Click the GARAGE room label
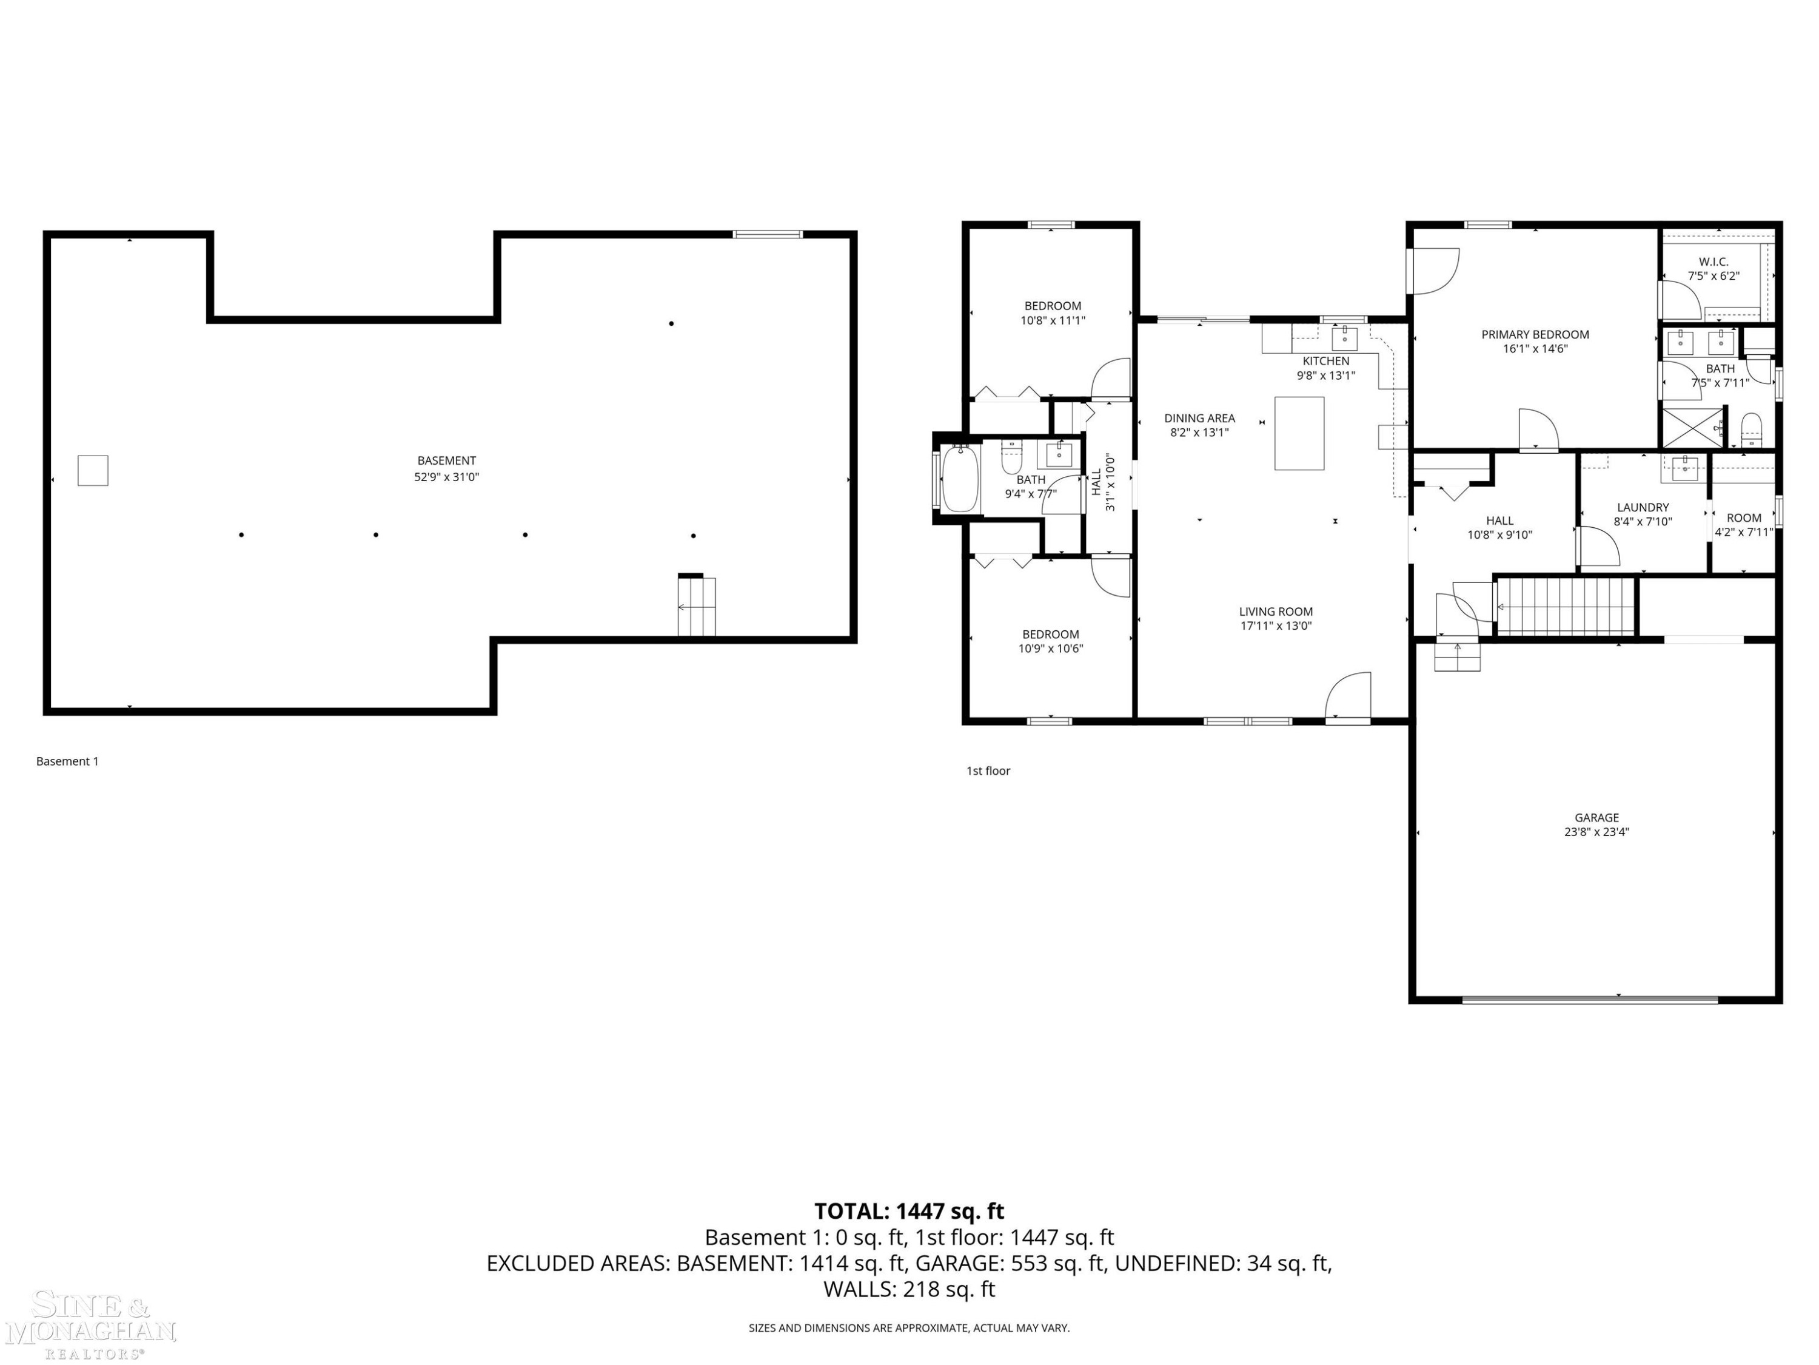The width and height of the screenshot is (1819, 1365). pos(1596,818)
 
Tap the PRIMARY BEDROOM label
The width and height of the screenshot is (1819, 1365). pos(1535,335)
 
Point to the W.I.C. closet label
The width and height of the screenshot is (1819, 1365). pos(1713,261)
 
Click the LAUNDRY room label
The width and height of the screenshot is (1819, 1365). pos(1643,508)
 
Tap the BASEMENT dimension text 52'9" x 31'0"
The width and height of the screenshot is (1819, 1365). pos(446,476)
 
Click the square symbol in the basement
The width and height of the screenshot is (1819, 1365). pos(93,471)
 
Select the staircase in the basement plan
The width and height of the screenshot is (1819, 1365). pos(697,605)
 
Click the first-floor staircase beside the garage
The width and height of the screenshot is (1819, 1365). pos(1564,607)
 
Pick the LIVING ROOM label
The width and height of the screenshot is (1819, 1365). pos(1276,612)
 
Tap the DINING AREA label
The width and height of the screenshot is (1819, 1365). pos(1200,418)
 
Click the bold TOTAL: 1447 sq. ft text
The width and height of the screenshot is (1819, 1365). pos(909,1211)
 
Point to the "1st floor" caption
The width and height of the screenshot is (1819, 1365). pos(988,771)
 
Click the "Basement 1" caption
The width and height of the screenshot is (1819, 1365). pos(67,761)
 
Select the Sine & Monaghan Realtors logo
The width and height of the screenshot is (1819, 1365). pos(90,1326)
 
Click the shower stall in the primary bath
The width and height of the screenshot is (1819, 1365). pos(1692,427)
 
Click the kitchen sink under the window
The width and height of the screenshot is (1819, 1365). pos(1344,337)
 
